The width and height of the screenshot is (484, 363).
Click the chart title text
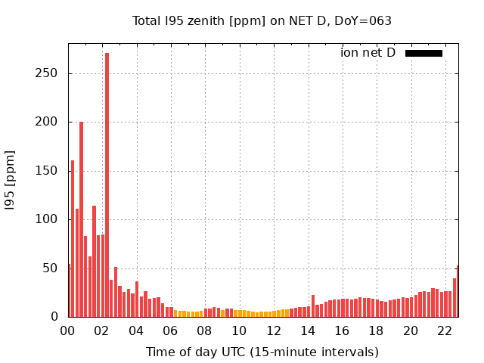262,21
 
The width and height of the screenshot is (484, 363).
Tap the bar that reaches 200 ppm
82,219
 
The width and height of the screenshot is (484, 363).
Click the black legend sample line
423,53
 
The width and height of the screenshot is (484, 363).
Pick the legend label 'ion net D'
368,53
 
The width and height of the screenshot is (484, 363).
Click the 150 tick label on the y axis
49,171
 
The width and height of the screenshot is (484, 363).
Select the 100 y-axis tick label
49,219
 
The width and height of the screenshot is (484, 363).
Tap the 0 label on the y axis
56,317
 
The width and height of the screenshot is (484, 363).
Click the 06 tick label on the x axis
171,330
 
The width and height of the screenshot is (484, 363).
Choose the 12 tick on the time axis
274,330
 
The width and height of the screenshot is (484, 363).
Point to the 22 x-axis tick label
445,330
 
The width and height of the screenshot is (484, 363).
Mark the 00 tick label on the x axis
68,330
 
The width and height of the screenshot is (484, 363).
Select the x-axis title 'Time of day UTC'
262,352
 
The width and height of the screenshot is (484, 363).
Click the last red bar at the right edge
458,292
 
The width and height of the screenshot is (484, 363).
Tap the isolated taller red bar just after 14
313,306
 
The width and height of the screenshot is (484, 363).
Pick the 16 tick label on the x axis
343,330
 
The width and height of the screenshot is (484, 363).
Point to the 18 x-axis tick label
377,330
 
